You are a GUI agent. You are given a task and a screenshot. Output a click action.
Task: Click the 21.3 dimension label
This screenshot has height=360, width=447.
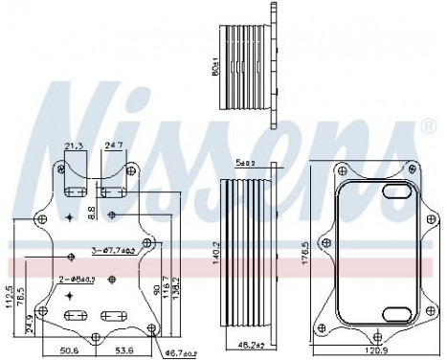(74, 145)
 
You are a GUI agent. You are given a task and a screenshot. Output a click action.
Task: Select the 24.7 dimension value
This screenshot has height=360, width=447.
(112, 145)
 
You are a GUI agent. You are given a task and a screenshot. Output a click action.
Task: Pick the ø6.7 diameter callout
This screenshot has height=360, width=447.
(180, 354)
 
